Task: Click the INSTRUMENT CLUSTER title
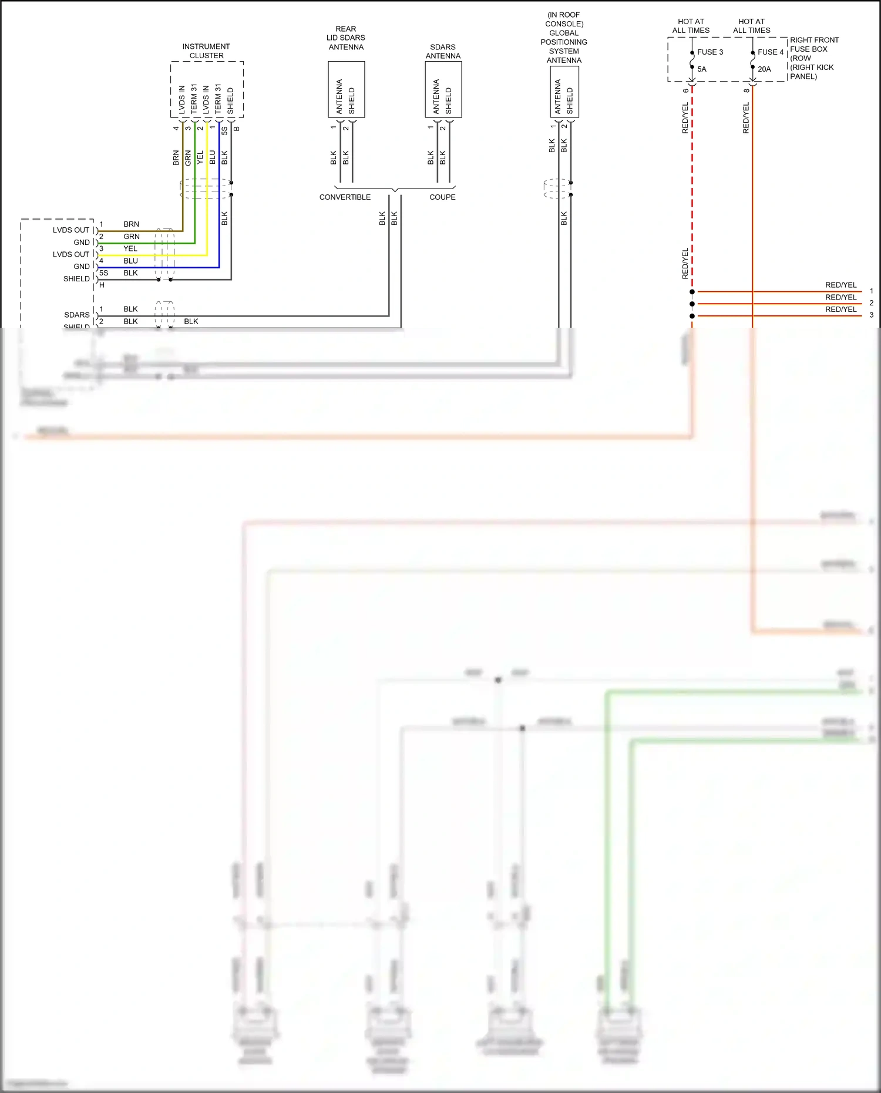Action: coord(206,51)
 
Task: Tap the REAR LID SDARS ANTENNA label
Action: coord(346,38)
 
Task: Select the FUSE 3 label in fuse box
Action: coord(710,52)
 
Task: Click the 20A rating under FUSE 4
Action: coord(764,69)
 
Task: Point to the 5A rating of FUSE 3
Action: coord(702,69)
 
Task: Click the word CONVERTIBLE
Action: coord(345,197)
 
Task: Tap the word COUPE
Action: coord(442,197)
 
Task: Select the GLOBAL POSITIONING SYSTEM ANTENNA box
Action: coord(564,92)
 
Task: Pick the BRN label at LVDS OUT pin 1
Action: coord(131,224)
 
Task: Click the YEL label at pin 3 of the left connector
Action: coord(130,249)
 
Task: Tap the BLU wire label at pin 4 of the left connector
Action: coord(130,261)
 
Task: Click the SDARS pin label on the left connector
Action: coord(77,315)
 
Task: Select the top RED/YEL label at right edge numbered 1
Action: coord(840,285)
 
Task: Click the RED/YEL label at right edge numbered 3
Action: coord(840,310)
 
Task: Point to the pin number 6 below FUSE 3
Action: coord(686,90)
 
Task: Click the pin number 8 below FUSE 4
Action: coord(747,90)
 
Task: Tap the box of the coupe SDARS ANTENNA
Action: coord(443,89)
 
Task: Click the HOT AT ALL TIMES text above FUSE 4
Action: coord(751,26)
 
